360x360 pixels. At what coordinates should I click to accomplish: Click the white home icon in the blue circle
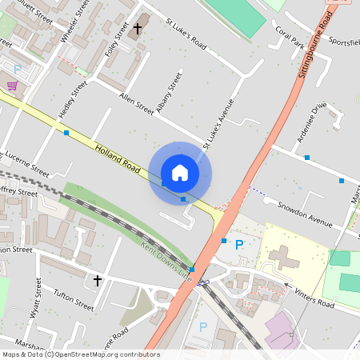pos(180,173)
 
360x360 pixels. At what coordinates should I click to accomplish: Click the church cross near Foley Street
pos(138,29)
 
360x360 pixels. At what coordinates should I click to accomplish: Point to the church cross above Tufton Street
pos(98,281)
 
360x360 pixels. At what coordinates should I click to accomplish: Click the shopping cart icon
pos(12,85)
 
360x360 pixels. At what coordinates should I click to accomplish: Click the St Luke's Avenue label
pos(217,124)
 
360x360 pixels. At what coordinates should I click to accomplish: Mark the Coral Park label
pos(290,37)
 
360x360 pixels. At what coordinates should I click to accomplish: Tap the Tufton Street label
pos(73,301)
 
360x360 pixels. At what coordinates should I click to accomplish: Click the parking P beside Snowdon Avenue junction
pos(238,244)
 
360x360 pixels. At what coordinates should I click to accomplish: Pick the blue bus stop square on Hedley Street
pos(66,132)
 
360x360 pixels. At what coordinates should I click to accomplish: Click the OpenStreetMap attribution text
pos(81,354)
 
